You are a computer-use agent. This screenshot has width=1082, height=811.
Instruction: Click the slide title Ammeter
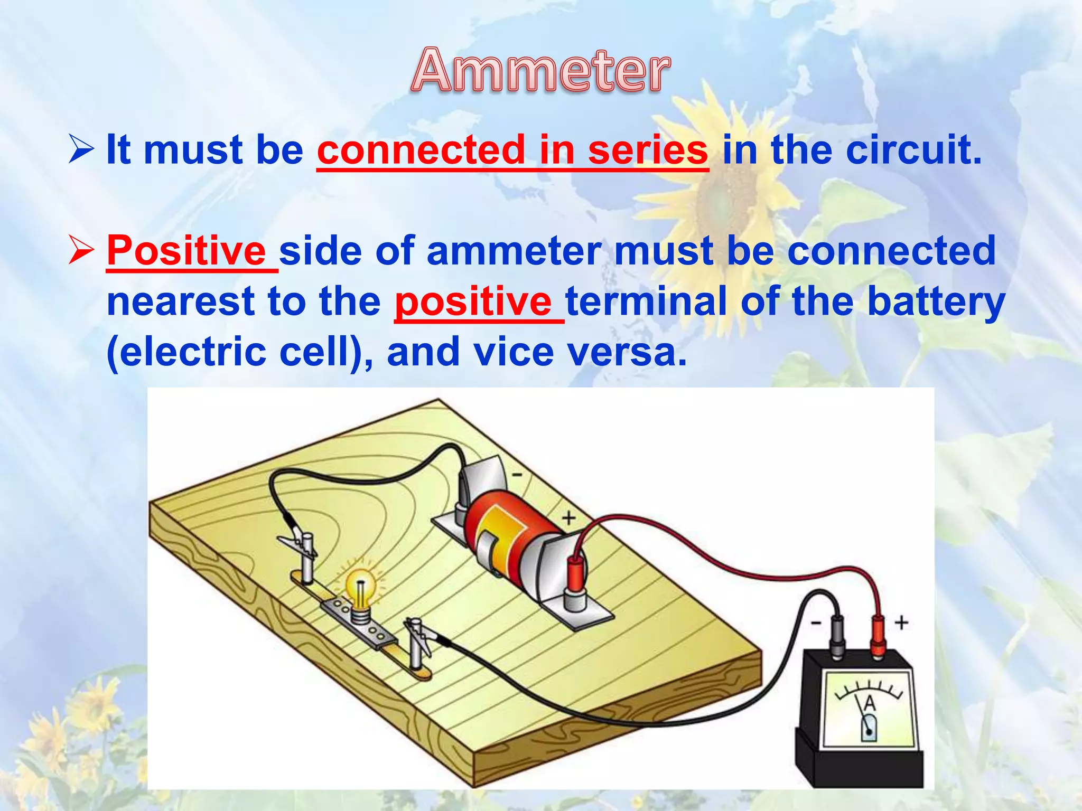point(540,71)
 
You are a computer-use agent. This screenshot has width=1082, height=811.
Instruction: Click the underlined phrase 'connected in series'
point(512,150)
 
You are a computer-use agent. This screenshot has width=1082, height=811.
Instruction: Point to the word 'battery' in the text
point(936,303)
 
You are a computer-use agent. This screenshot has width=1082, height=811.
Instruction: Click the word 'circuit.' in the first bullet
point(913,150)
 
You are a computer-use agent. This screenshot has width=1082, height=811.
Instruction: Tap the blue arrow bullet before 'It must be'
point(81,149)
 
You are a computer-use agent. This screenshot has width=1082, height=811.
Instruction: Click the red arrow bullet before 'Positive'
point(81,250)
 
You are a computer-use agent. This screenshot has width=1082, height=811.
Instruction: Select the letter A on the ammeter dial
point(870,704)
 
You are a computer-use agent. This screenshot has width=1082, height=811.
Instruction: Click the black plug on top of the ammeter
point(837,636)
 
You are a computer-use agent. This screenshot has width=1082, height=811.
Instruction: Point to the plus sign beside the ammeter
point(901,623)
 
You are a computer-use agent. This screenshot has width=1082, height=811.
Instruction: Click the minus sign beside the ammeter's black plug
point(816,624)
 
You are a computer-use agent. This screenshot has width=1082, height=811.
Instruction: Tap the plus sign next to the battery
point(568,518)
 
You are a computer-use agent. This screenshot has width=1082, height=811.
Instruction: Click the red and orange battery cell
point(507,533)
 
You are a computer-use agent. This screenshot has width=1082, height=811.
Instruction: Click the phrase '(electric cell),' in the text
point(240,352)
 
